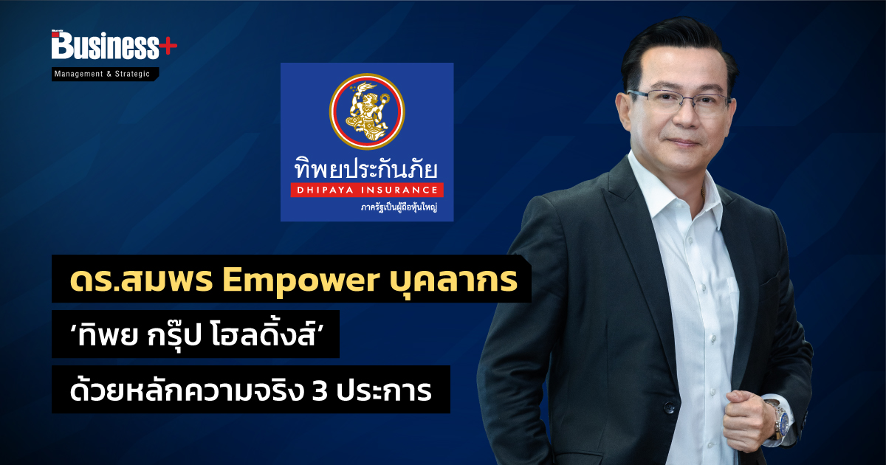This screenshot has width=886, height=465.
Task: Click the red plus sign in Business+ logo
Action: (168, 47)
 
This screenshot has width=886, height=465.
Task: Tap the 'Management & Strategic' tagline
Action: (102, 74)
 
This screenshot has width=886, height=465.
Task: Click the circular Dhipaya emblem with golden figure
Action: (367, 111)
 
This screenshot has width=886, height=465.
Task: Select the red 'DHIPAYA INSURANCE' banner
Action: (367, 190)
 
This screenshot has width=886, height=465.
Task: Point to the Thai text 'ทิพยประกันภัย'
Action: (366, 168)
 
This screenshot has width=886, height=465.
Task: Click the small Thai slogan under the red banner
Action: (399, 207)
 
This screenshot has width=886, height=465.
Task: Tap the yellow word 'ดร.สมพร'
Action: (142, 280)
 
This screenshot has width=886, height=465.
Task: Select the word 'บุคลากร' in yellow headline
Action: (453, 281)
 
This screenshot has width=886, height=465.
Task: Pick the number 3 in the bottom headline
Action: (320, 391)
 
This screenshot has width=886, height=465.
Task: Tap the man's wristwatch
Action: (779, 420)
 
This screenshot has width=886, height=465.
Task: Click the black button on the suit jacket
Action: (669, 407)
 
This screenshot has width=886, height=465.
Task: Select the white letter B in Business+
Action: (63, 45)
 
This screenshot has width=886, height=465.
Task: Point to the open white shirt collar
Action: (673, 189)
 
